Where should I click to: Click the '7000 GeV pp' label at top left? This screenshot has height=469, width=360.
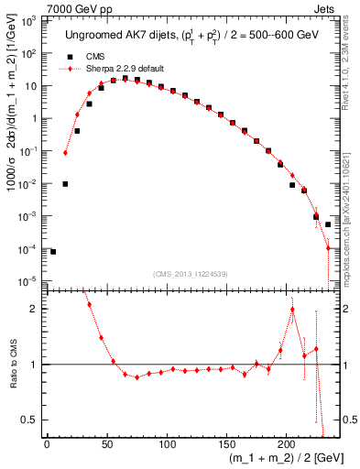pos(37,8)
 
